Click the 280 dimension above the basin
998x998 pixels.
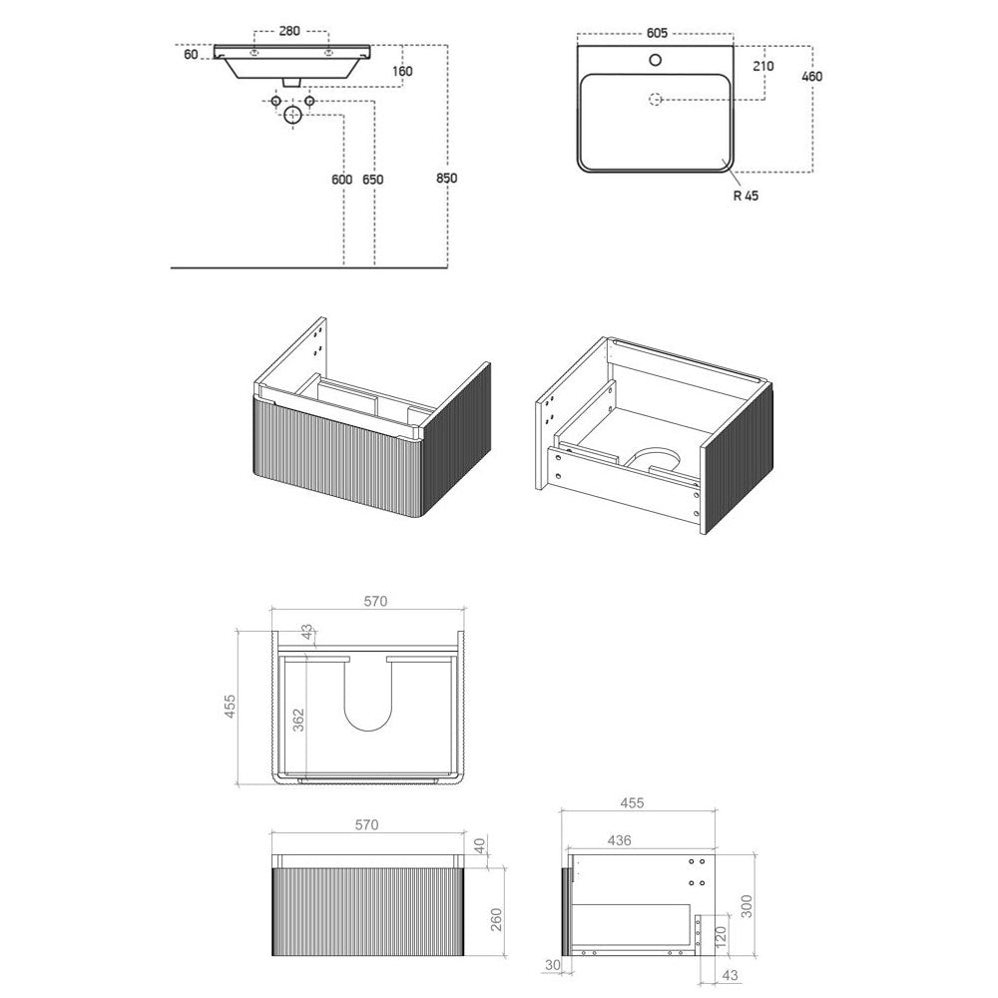coord(289,31)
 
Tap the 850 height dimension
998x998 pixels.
coord(447,179)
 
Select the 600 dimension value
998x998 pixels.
coord(341,180)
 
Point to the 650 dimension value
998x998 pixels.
coord(373,180)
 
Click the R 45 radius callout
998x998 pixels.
coord(746,196)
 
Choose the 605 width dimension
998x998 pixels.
coord(657,33)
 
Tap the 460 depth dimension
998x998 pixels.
coord(812,77)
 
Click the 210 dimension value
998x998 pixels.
coord(763,66)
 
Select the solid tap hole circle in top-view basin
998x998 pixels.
coord(655,61)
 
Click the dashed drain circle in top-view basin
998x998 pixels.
coord(655,99)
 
